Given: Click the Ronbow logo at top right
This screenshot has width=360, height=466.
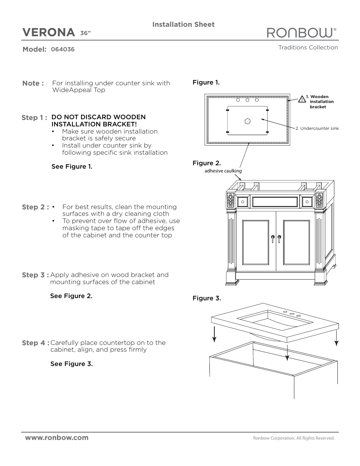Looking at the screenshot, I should (x=301, y=33).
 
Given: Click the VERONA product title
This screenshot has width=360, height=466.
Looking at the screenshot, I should (x=49, y=33).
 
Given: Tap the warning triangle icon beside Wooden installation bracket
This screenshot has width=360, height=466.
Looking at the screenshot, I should (x=302, y=100).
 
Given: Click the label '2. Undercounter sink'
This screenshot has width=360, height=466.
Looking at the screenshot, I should (x=317, y=128).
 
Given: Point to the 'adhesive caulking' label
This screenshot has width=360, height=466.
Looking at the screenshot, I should (x=223, y=171).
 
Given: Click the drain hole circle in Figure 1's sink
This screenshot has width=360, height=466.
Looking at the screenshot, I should (x=248, y=121).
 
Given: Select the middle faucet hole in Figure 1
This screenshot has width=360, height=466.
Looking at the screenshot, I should (x=248, y=100).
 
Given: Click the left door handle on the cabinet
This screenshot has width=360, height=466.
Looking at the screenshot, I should (x=272, y=238).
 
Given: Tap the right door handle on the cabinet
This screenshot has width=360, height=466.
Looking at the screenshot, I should (x=280, y=238).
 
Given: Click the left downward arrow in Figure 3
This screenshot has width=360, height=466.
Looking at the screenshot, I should (x=214, y=334).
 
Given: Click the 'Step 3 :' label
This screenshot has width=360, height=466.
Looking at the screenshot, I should (x=35, y=275).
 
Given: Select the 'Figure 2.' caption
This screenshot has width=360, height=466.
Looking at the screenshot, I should (x=207, y=163).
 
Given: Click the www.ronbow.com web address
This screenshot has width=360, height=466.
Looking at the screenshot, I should (x=57, y=438).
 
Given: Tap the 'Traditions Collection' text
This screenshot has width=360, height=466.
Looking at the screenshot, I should (x=308, y=48).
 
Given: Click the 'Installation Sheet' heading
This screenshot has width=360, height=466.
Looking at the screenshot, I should (x=183, y=25).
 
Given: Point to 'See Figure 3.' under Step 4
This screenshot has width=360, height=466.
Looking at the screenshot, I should (x=72, y=364).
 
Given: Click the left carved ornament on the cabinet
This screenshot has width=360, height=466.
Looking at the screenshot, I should (x=231, y=200).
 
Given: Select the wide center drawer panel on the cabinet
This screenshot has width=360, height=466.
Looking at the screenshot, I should (x=275, y=202).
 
